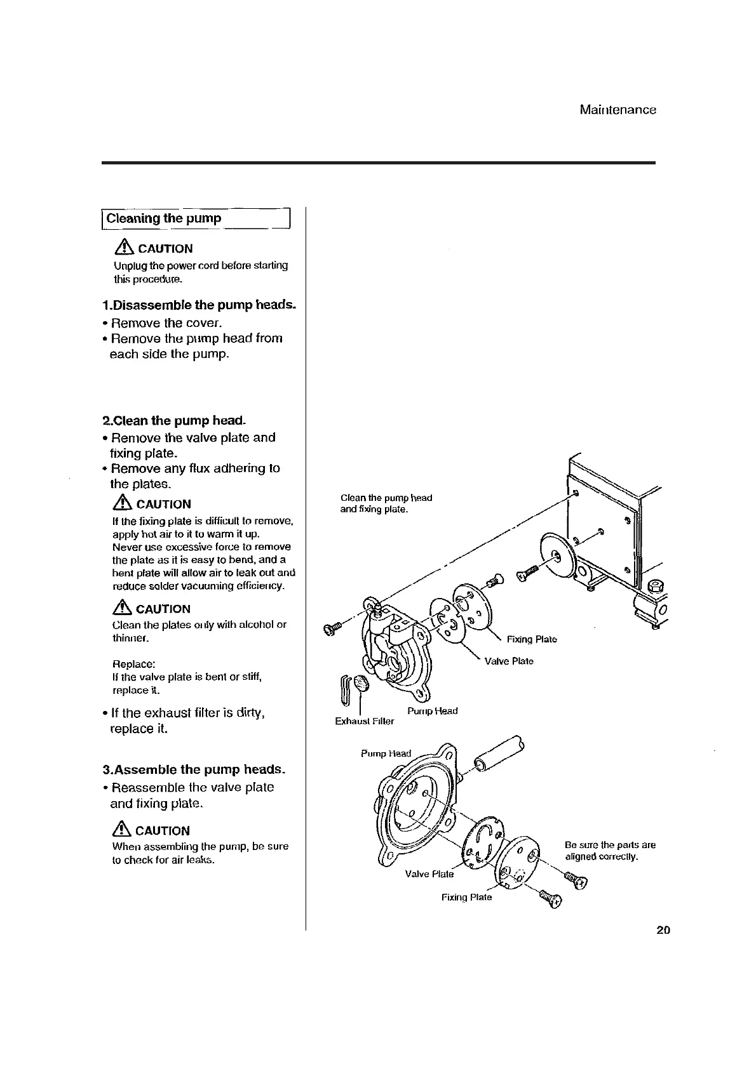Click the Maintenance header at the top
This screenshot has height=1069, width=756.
click(618, 110)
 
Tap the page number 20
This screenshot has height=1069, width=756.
click(663, 931)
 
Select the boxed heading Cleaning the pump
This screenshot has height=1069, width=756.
click(164, 218)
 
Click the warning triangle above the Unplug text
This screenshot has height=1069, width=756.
click(125, 248)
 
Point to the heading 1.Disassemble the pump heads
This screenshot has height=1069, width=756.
click(199, 305)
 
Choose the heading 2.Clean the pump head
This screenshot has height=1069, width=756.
click(173, 420)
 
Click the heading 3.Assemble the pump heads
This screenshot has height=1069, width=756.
click(194, 769)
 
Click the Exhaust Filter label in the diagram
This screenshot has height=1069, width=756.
click(364, 721)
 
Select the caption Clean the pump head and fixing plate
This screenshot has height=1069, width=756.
click(386, 503)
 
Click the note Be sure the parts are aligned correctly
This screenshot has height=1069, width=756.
click(610, 851)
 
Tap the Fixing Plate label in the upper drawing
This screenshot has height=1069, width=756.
click(531, 639)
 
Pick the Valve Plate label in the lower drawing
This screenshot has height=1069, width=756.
click(429, 874)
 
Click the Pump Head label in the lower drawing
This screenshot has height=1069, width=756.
click(386, 754)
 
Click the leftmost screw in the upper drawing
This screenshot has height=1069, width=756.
click(332, 629)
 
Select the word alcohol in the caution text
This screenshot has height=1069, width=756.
click(250, 625)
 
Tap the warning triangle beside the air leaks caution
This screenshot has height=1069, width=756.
click(122, 830)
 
